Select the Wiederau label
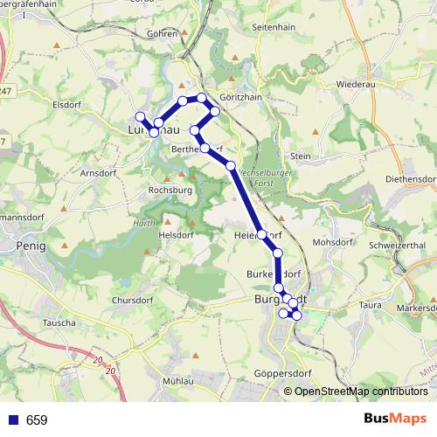[x=355, y=86]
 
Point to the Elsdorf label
[x=67, y=102]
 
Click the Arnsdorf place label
[x=99, y=173]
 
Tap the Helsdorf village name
[x=175, y=235]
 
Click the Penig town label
[x=31, y=246]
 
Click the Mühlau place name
[x=177, y=383]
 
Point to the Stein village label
[x=300, y=156]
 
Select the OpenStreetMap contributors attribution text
[x=361, y=391]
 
